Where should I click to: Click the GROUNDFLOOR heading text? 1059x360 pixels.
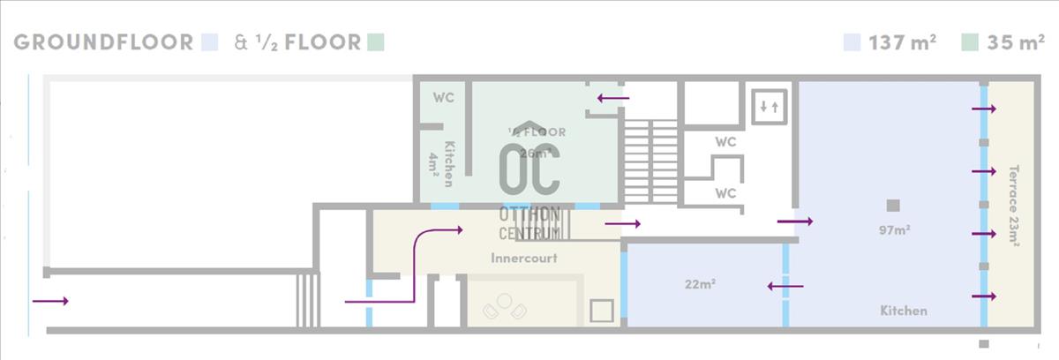(x=103, y=42)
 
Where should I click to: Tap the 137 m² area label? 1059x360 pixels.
(x=902, y=42)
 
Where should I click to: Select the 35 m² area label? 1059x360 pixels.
(x=1015, y=42)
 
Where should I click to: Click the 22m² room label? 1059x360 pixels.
(x=700, y=284)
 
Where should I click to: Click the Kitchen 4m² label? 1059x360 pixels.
(x=441, y=163)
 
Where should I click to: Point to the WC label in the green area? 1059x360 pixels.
(x=443, y=97)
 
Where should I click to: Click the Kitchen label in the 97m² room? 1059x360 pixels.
(x=903, y=311)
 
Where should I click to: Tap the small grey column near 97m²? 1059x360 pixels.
(x=893, y=206)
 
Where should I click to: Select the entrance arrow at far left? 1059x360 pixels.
(x=49, y=301)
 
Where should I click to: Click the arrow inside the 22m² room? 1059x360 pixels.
(x=785, y=285)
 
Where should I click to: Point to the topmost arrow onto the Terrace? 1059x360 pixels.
(x=983, y=109)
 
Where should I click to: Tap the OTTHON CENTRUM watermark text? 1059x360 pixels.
(x=529, y=224)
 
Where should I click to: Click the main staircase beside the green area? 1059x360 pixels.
(x=650, y=161)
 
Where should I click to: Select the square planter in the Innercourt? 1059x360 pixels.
(x=602, y=311)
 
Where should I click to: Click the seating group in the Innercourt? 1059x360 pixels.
(x=504, y=306)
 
